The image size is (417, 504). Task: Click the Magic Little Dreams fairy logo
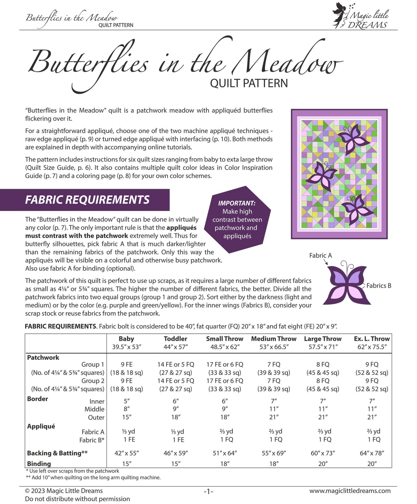(x=361, y=16)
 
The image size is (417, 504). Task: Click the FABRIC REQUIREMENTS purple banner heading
(x=87, y=200)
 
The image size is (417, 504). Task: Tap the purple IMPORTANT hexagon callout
(x=237, y=220)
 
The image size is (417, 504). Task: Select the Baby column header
(x=126, y=339)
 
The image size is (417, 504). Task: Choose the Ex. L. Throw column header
(x=372, y=339)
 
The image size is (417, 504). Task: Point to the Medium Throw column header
(x=274, y=339)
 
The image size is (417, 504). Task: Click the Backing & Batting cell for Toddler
(x=175, y=453)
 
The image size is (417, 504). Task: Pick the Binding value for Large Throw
(x=323, y=464)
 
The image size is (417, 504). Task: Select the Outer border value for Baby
(x=127, y=417)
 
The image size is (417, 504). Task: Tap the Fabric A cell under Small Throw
(x=225, y=431)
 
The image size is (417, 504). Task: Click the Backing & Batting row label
(x=57, y=453)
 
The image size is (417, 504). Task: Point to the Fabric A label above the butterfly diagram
(x=320, y=255)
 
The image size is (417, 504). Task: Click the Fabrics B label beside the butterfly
(x=379, y=286)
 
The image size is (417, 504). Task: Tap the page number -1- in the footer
(x=208, y=491)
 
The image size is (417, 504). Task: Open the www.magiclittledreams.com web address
(x=350, y=491)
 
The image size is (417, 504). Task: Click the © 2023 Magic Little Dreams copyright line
(x=64, y=491)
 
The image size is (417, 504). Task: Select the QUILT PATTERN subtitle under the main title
(x=249, y=83)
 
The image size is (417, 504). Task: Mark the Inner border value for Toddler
(x=175, y=401)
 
